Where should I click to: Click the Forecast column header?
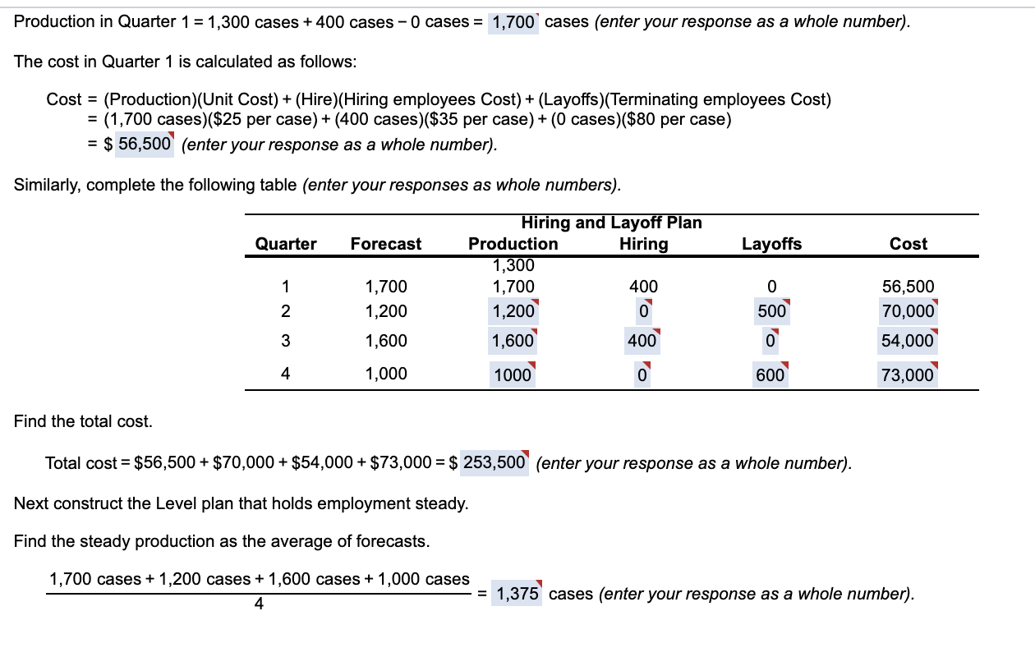(x=385, y=244)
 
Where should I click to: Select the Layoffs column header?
(x=771, y=244)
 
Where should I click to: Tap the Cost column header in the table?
(x=908, y=244)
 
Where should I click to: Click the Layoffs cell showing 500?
(x=771, y=312)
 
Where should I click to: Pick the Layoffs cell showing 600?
(x=771, y=374)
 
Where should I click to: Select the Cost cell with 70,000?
(x=908, y=312)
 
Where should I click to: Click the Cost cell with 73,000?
(x=908, y=375)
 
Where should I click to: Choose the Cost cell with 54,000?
(x=908, y=341)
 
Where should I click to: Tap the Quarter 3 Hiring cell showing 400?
(x=642, y=341)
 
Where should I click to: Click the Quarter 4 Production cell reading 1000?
(x=513, y=375)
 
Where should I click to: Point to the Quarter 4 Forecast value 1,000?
(x=385, y=374)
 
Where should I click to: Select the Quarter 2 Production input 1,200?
(x=513, y=312)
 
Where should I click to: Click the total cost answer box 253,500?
(x=494, y=462)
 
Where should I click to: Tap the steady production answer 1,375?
(x=517, y=594)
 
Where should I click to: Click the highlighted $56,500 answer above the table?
(x=145, y=144)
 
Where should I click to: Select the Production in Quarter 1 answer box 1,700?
(x=513, y=22)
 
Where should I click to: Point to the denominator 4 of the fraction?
(x=259, y=604)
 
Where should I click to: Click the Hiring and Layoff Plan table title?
(x=611, y=223)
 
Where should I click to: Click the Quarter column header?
(x=285, y=244)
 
